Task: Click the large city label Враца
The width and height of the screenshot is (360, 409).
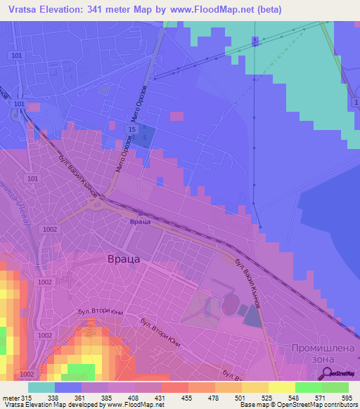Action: pyautogui.click(x=124, y=259)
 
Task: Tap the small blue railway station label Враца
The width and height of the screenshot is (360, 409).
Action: pyautogui.click(x=140, y=221)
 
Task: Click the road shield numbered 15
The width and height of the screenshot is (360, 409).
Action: pyautogui.click(x=131, y=130)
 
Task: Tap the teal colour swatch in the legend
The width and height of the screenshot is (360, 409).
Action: pyautogui.click(x=41, y=387)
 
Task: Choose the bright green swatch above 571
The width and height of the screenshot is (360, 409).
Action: pyautogui.click(x=308, y=387)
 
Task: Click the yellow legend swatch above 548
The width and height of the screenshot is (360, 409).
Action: pyautogui.click(x=281, y=387)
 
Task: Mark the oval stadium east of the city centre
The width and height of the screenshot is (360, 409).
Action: pyautogui.click(x=231, y=304)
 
